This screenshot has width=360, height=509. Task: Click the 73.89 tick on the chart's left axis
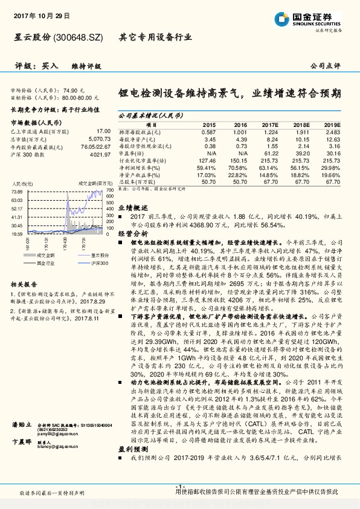tap(17, 191)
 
